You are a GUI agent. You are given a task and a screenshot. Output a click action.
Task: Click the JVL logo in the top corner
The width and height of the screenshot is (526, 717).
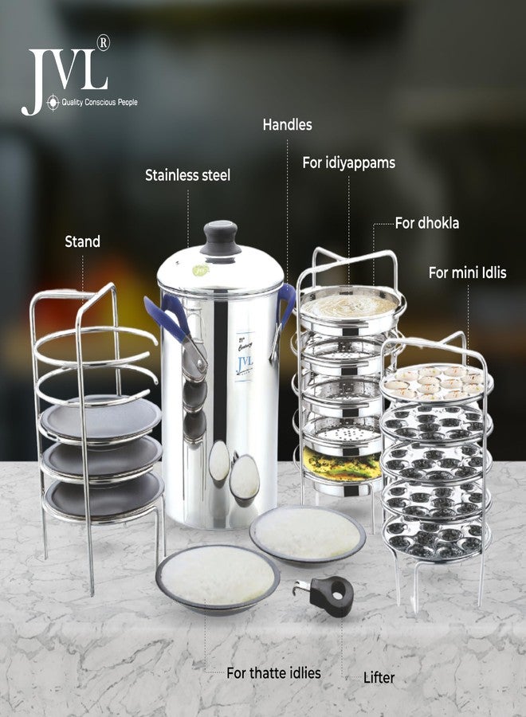tap(65, 77)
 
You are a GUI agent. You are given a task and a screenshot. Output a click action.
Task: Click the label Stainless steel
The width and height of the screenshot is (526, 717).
tap(187, 175)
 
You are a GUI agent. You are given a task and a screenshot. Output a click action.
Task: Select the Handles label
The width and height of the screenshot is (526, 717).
tap(287, 124)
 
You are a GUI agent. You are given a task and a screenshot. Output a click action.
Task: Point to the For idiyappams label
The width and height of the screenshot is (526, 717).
tap(348, 163)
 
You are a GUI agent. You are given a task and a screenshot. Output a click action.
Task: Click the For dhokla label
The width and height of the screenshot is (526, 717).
tap(427, 223)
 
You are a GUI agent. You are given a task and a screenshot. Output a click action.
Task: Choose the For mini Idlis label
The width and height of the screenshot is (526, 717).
tap(467, 272)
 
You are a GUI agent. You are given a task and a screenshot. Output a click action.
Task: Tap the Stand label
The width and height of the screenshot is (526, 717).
tap(82, 241)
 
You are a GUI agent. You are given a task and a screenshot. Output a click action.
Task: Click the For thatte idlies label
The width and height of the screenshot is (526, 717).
tap(273, 673)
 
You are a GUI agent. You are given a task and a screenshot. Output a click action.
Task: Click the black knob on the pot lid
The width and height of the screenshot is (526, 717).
tap(220, 237)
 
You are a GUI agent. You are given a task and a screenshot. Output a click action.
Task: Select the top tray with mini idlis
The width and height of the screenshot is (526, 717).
tap(436, 382)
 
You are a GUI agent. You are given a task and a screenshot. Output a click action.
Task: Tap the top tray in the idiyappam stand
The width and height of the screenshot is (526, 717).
tap(349, 303)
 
